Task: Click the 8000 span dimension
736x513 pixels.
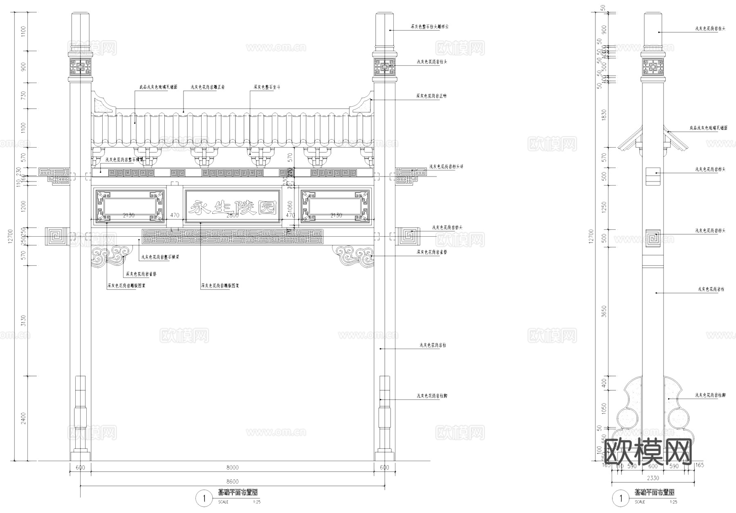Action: pos(232,468)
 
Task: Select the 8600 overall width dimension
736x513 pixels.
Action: pos(232,482)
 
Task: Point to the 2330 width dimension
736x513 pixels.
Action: pos(653,478)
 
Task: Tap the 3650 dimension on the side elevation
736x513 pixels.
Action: pos(604,311)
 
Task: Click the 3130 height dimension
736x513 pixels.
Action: pos(23,320)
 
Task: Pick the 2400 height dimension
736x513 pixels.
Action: pos(23,418)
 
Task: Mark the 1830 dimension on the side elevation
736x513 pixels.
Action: pos(604,115)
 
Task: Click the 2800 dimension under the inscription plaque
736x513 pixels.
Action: pos(232,215)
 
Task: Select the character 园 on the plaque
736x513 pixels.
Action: pos(267,208)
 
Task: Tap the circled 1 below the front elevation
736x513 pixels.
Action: pos(204,498)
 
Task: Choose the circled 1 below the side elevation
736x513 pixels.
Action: pos(621,498)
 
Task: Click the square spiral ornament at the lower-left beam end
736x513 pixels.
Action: pos(56,236)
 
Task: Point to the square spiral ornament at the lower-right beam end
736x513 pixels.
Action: pos(409,236)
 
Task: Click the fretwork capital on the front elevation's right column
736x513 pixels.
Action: pos(384,67)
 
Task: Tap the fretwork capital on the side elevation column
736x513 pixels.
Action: pos(653,67)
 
